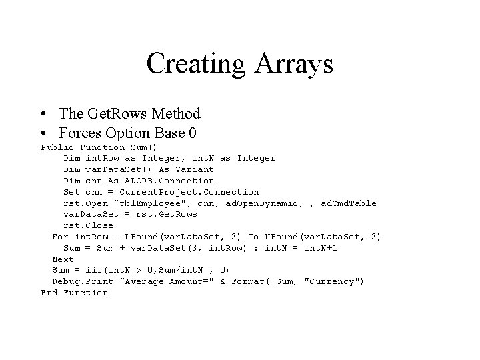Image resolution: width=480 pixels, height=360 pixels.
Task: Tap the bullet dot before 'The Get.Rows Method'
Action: pos(43,114)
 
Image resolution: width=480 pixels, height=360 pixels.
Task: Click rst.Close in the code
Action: pos(88,225)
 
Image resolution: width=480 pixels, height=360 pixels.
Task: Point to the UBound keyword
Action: pos(281,237)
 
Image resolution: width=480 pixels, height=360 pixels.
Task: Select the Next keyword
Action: pos(63,259)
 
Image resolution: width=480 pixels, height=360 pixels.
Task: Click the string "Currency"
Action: pos(333,281)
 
